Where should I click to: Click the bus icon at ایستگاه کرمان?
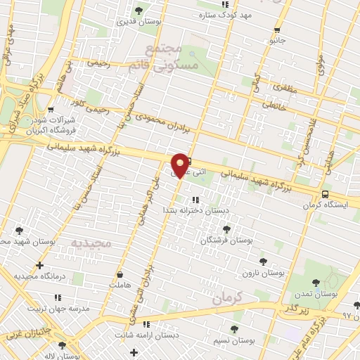(325, 194)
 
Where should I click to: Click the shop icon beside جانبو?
(277, 30)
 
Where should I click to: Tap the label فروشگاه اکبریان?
(32, 130)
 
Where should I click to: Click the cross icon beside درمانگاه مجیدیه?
(39, 266)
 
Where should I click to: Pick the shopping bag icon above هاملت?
(121, 274)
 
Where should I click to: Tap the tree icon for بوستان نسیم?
(234, 329)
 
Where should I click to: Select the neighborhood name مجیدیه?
(91, 243)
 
